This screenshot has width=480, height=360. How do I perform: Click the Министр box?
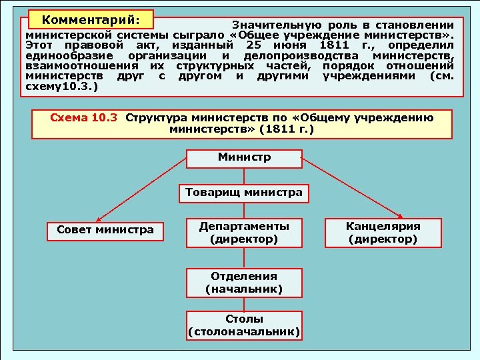[244, 159]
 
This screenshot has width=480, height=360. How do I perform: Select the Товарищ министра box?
[244, 193]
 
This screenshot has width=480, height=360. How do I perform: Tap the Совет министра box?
[105, 231]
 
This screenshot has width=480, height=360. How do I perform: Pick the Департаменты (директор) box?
[244, 231]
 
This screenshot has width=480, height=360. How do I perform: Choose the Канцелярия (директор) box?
[383, 231]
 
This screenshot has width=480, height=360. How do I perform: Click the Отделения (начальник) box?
[244, 282]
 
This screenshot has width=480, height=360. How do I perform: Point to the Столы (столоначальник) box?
[244, 325]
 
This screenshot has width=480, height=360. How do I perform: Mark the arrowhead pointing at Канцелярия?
[400, 216]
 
